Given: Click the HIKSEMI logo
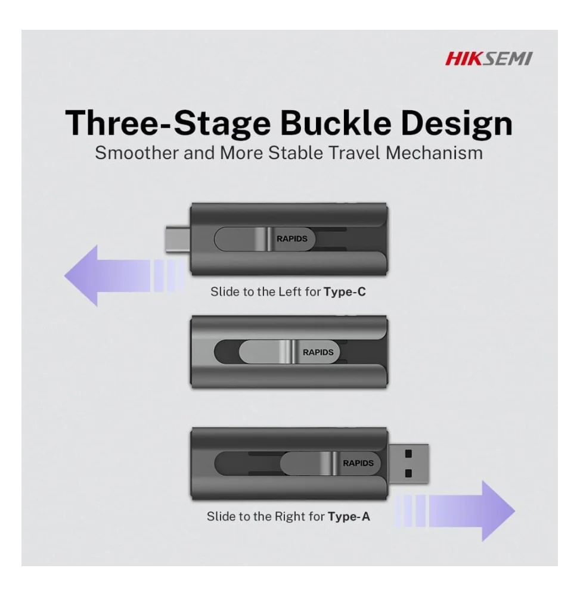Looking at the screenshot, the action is coord(489,59).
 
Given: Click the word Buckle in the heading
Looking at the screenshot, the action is coord(336,123).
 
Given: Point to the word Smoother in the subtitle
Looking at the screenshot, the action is coord(137,153).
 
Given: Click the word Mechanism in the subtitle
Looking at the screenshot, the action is coord(434,153).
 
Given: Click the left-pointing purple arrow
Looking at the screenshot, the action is coord(124,276).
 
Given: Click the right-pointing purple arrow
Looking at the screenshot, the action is coord(455,511).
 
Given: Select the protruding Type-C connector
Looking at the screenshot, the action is coord(178,238).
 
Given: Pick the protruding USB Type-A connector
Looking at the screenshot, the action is coord(408,463).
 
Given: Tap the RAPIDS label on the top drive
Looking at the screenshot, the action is coord(292,239).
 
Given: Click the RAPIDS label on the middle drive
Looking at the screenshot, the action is coord(318,352).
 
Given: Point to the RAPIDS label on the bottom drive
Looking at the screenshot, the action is coord(358,463).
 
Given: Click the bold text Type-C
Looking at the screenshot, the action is coord(345,292).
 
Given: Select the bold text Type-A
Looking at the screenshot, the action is coord(349,517).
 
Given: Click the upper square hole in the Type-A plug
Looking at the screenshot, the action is coord(408,454).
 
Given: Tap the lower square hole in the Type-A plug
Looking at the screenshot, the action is coord(408,473).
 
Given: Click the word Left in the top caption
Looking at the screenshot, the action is coord(290,291).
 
